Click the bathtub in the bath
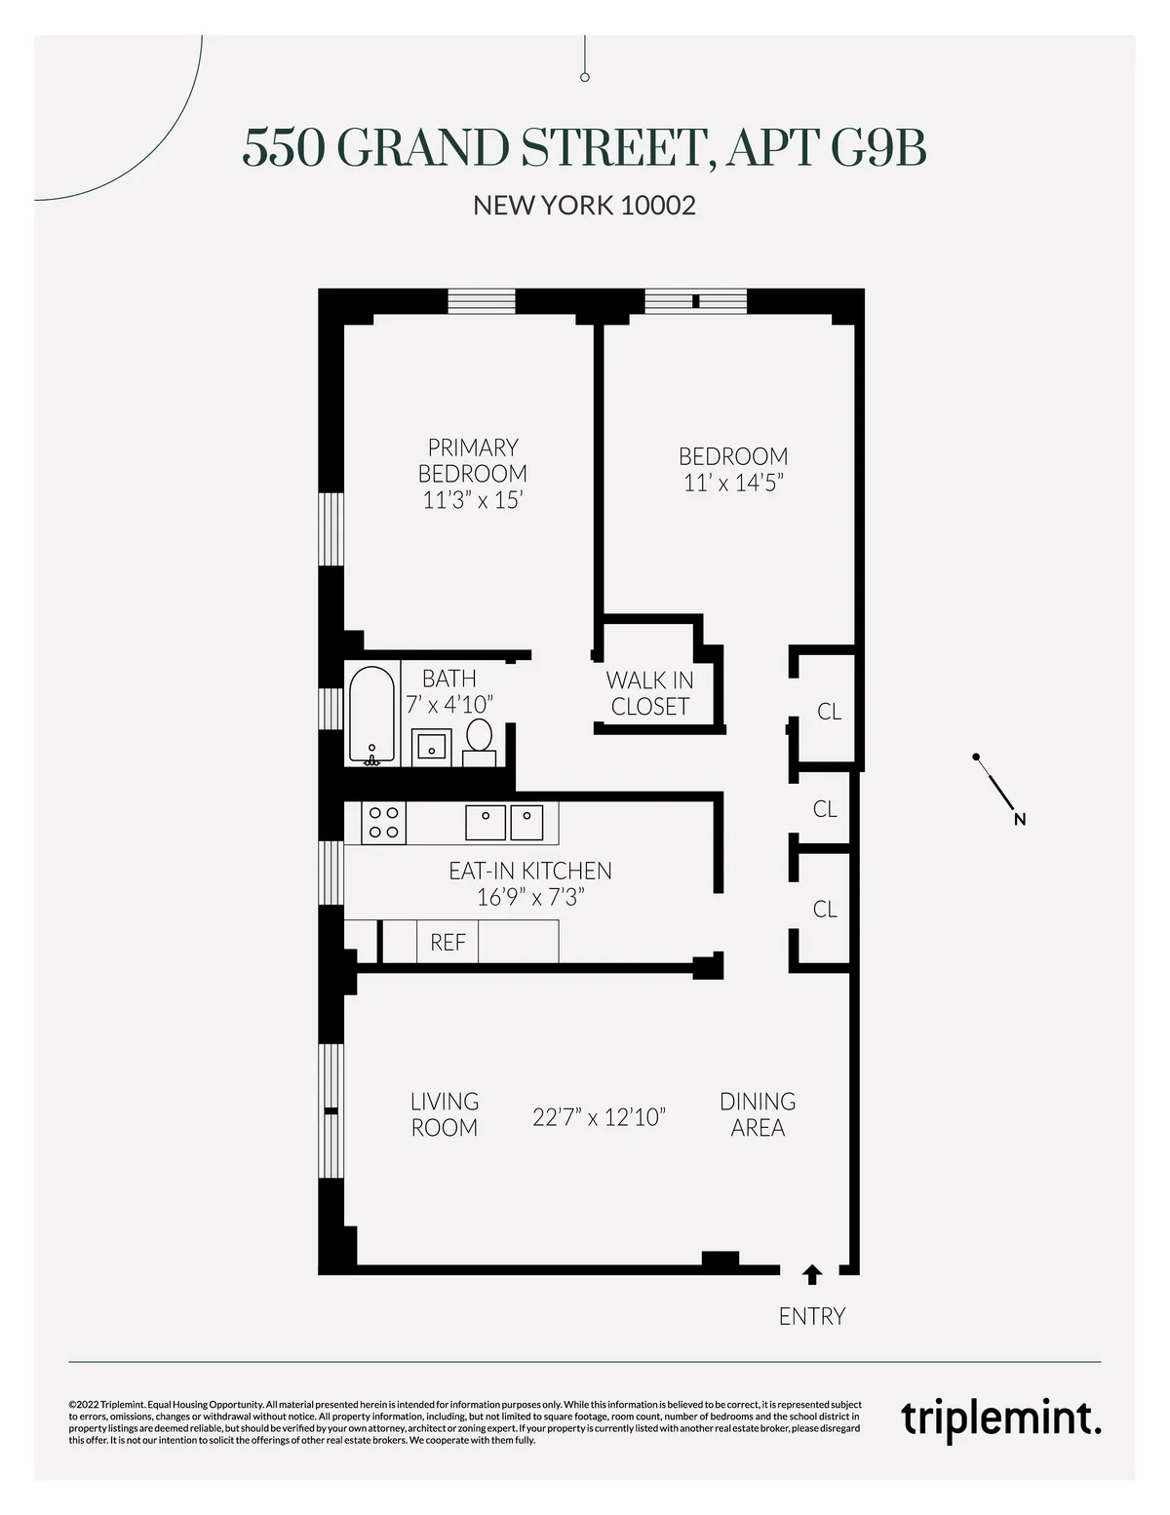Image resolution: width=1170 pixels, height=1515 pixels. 371,714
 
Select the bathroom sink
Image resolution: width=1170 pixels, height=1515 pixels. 430,746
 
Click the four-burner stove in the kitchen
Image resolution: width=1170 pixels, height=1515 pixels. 383,822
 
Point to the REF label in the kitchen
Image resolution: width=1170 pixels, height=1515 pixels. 448,943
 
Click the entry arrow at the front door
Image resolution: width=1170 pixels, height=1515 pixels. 811,1274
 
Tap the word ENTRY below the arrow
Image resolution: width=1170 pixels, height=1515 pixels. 811,1316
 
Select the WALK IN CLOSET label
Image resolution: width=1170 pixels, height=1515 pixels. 649,693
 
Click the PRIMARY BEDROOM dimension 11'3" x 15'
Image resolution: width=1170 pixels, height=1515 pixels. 473,500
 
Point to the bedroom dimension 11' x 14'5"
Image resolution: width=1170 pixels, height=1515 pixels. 733,483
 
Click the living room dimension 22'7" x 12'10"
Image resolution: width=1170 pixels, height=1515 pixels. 599,1116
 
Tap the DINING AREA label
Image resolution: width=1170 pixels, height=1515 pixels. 758,1114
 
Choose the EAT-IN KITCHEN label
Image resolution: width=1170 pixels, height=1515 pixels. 529,871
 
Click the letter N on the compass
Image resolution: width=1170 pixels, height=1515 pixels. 1020,820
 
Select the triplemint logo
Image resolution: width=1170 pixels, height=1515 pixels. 1000,1418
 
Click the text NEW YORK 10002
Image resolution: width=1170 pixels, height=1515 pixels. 584,206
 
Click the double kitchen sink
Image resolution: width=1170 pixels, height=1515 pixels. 504,822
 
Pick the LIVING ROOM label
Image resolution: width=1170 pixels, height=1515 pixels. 444,1114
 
